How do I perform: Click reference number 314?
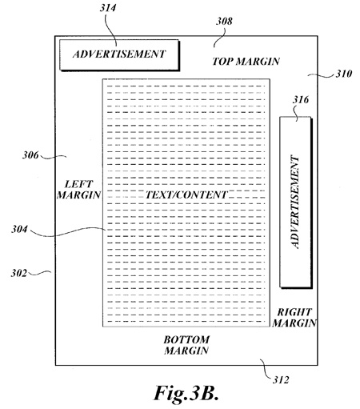[x=108, y=8]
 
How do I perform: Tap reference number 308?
[x=224, y=21]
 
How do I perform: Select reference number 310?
[x=344, y=74]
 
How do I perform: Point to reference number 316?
[x=301, y=99]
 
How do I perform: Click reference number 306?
[x=30, y=154]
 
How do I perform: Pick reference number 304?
[x=19, y=229]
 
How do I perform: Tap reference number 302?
[x=18, y=273]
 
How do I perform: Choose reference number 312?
[x=281, y=379]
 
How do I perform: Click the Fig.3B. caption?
[x=186, y=393]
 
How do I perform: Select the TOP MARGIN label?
[x=246, y=62]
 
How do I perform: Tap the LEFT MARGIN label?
[x=78, y=190]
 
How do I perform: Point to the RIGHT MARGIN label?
[x=294, y=318]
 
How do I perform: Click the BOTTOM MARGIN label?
[x=186, y=345]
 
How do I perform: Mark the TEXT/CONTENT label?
[x=186, y=194]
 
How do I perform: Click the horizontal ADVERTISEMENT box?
[x=119, y=55]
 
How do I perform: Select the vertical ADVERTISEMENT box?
[x=296, y=202]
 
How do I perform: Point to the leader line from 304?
[x=68, y=232]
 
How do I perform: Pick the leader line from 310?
[x=321, y=75]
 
